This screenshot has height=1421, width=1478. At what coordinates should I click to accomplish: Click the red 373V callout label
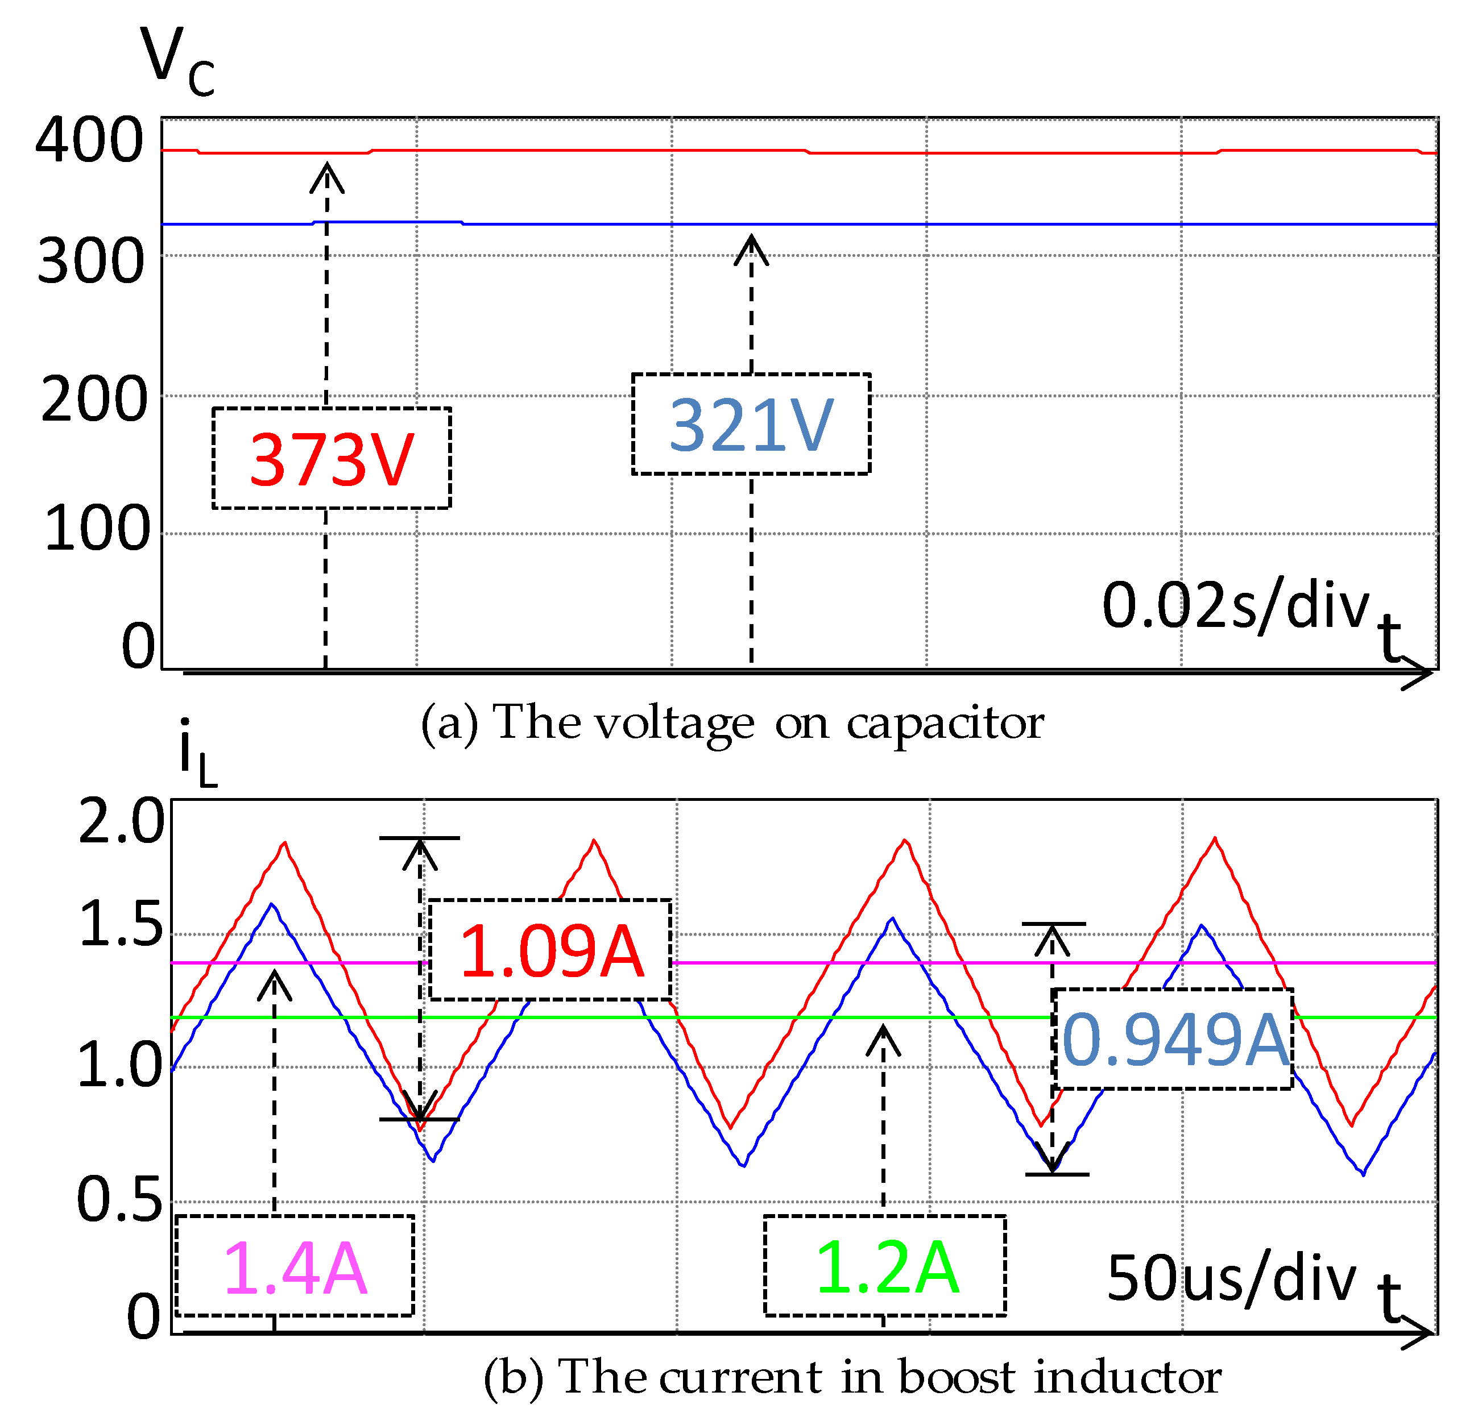[332, 459]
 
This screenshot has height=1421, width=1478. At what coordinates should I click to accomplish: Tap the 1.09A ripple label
[551, 952]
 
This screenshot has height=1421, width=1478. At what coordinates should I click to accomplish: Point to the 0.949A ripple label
[1174, 1040]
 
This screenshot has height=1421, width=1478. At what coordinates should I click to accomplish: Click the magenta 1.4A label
[295, 1269]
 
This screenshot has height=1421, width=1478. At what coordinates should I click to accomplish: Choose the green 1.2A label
[886, 1268]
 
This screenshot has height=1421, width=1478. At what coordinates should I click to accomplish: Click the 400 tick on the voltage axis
[89, 140]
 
